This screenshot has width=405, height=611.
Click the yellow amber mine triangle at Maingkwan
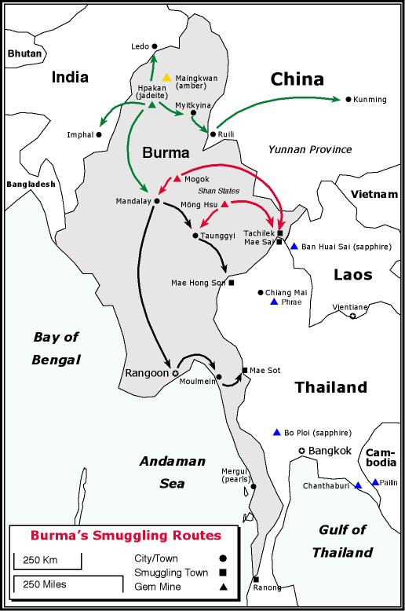(x=166, y=78)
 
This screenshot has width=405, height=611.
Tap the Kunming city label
(x=372, y=100)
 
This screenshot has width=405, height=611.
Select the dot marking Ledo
(x=155, y=46)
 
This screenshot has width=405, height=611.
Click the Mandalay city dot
(x=157, y=201)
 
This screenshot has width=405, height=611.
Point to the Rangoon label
(x=147, y=373)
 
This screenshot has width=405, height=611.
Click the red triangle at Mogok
(x=177, y=178)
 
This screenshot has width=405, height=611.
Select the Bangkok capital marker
(x=301, y=450)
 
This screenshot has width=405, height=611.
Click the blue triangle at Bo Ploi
(x=276, y=432)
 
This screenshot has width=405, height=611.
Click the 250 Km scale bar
(x=47, y=559)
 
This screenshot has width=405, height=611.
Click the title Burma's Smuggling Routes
(x=114, y=536)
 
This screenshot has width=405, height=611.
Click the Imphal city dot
(x=99, y=134)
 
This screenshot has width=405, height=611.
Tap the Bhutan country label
(x=23, y=53)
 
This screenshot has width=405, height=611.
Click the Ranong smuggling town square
(x=256, y=580)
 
